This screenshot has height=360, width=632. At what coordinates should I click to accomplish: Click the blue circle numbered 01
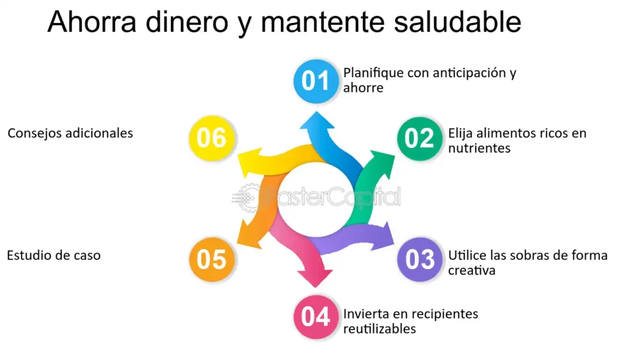[x=315, y=81]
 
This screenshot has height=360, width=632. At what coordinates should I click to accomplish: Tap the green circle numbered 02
[x=420, y=138]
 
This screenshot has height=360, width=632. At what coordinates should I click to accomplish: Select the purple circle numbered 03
[x=420, y=259]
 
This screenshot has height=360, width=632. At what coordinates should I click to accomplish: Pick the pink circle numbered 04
[x=315, y=316]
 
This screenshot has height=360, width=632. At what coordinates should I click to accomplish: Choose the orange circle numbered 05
[x=212, y=259]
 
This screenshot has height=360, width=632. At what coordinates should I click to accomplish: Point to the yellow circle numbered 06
[x=212, y=138]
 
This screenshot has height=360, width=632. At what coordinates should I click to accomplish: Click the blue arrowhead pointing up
[x=317, y=121]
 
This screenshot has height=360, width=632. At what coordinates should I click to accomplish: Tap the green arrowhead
[x=383, y=163]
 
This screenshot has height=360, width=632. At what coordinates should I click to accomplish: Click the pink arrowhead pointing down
[x=315, y=278]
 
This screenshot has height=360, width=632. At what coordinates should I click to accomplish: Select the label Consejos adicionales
[x=70, y=133]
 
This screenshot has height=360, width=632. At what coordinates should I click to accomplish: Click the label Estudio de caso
[x=54, y=255]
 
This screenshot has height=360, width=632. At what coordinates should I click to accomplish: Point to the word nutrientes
[x=479, y=148]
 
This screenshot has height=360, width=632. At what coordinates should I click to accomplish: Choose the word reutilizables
[x=380, y=329]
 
